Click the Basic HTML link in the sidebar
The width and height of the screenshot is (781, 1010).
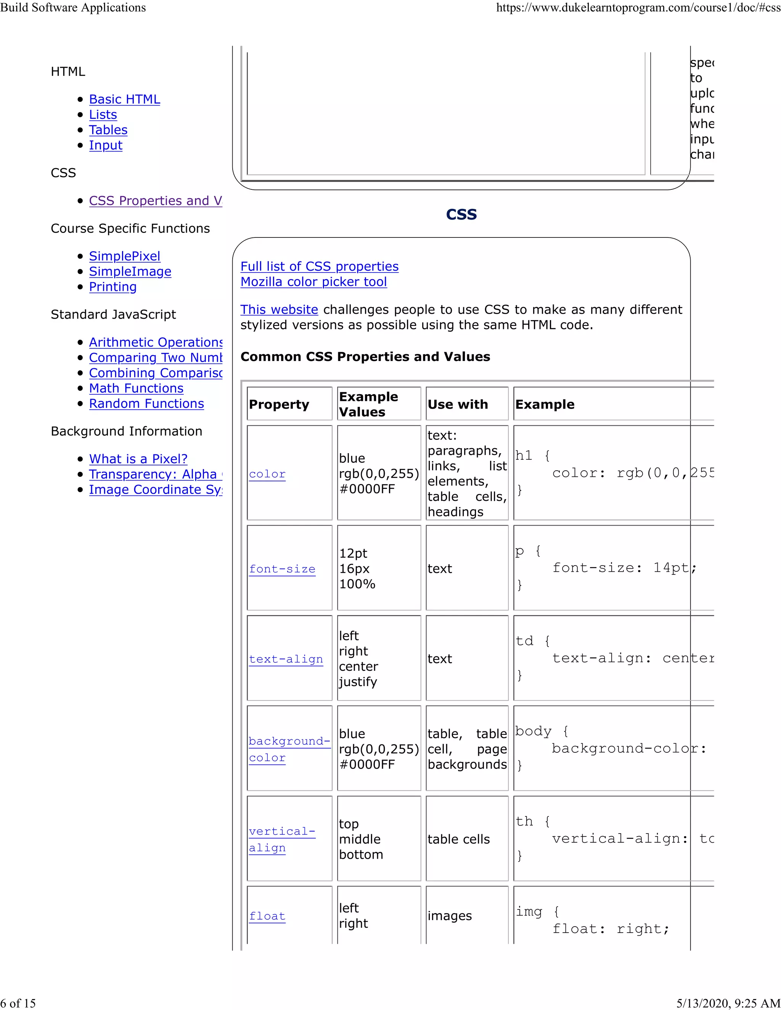[x=124, y=99]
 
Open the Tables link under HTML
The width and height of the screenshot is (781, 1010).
[x=108, y=130]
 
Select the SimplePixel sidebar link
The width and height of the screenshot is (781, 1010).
[x=124, y=256]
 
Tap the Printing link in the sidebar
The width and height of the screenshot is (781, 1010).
[x=113, y=287]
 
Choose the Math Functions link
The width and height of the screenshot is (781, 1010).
[x=136, y=388]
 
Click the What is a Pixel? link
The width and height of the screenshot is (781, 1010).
[x=138, y=459]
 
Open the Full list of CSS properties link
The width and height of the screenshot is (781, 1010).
[x=319, y=266]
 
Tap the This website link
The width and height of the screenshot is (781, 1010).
[x=279, y=309]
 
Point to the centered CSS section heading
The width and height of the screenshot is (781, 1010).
[x=461, y=214]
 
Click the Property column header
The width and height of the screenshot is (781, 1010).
[x=279, y=404]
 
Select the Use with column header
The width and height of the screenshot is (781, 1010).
[x=458, y=404]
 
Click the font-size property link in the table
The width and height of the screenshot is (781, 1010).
[x=282, y=569]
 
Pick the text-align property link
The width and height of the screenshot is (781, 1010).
[x=286, y=659]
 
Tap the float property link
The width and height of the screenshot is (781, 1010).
[x=267, y=916]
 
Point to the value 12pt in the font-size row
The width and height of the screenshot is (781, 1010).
[x=353, y=553]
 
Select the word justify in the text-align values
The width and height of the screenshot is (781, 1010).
[x=358, y=682]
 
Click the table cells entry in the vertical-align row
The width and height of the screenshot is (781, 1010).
[x=458, y=839]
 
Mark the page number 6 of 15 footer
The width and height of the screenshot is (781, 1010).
[x=18, y=1003]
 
